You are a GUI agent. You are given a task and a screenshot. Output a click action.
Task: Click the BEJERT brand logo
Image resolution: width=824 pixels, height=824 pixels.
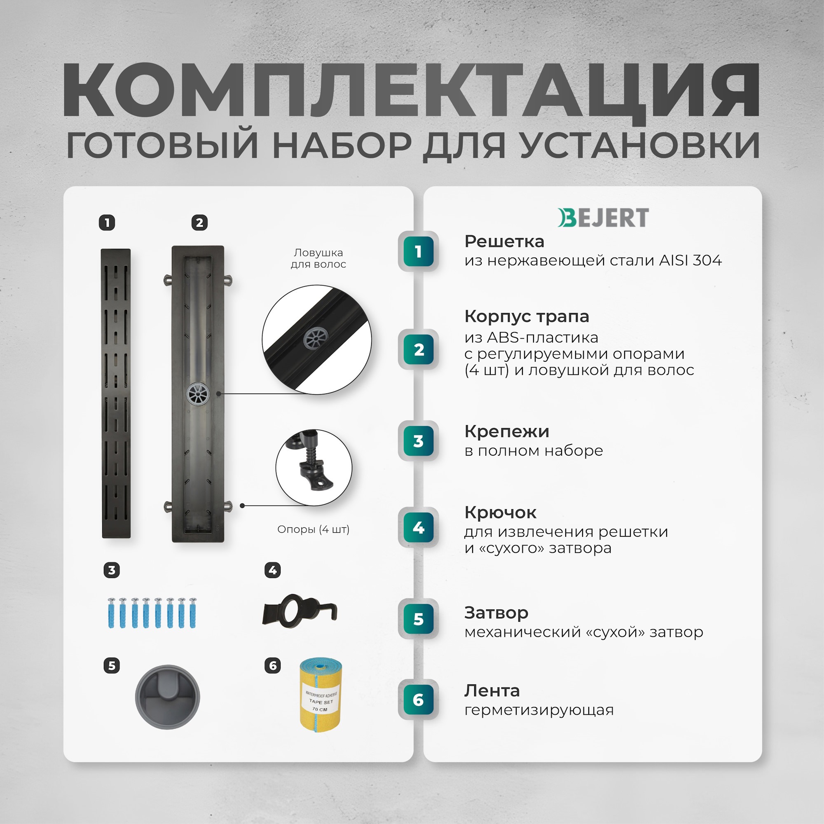pyautogui.click(x=603, y=218)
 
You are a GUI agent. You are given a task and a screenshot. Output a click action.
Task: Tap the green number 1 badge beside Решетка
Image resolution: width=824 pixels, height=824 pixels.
pyautogui.click(x=419, y=251)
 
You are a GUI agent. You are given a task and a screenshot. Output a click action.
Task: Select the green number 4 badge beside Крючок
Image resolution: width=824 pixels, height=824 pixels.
pyautogui.click(x=419, y=527)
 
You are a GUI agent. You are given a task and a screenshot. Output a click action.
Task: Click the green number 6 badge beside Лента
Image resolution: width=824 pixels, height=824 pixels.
pyautogui.click(x=419, y=700)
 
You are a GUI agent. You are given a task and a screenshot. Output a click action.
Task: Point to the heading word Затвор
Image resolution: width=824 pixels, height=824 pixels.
pyautogui.click(x=496, y=613)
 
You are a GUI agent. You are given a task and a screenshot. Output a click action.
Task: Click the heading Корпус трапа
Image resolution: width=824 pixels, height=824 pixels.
pyautogui.click(x=526, y=316)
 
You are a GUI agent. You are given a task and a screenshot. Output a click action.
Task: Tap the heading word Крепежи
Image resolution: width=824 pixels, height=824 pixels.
pyautogui.click(x=507, y=431)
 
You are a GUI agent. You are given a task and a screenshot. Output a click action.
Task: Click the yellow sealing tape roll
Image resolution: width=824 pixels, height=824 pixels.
pyautogui.click(x=320, y=695)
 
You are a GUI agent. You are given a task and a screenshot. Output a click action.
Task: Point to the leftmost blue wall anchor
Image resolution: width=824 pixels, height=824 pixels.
pyautogui.click(x=111, y=613)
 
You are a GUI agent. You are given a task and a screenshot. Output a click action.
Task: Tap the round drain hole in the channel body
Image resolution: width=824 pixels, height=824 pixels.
pyautogui.click(x=198, y=393)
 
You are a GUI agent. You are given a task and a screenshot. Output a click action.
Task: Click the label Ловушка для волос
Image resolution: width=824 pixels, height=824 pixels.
pyautogui.click(x=318, y=258)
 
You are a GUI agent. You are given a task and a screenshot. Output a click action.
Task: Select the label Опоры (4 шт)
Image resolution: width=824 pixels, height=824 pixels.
pyautogui.click(x=313, y=529)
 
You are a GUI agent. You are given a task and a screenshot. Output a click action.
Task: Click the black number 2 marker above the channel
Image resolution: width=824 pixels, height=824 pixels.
pyautogui.click(x=199, y=222)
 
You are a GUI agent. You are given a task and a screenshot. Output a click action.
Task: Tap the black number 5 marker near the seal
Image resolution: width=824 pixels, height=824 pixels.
pyautogui.click(x=112, y=665)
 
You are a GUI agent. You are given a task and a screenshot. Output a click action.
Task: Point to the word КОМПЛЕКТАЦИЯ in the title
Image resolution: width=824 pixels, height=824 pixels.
pyautogui.click(x=411, y=90)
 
